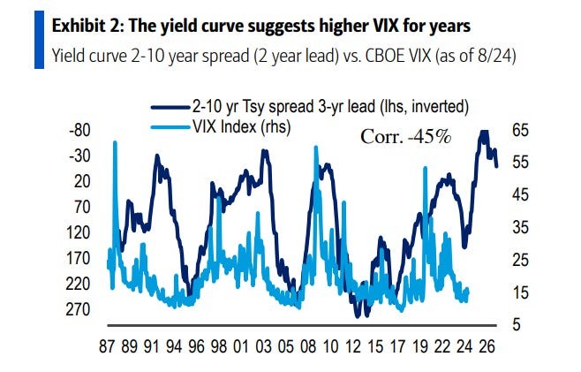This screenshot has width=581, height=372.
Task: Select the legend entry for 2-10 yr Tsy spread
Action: coord(328,107)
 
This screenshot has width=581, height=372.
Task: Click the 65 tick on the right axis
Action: coord(520,130)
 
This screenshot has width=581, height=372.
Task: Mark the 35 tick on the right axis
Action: coord(520,227)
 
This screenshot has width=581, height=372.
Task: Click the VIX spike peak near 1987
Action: coord(115,142)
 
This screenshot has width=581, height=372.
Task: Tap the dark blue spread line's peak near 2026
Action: coord(483,132)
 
